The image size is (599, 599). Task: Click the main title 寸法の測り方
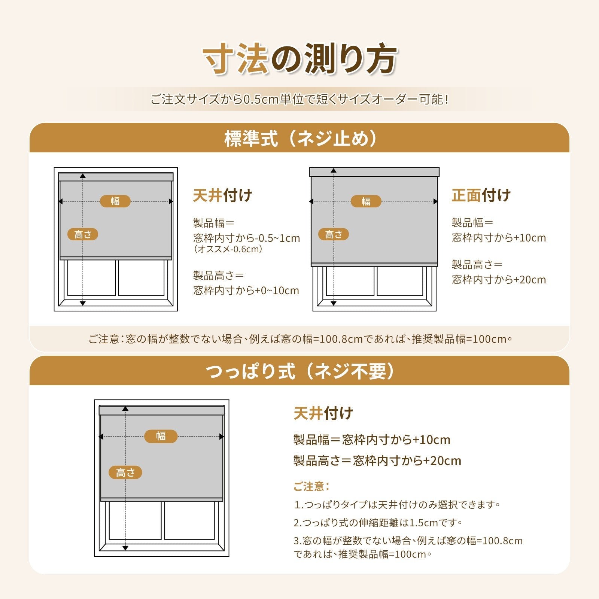pos(299,59)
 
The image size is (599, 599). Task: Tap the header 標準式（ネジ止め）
pos(299,139)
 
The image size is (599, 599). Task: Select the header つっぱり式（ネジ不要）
pos(299,371)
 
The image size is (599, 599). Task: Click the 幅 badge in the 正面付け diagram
pos(366,201)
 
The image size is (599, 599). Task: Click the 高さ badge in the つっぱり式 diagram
pos(125,472)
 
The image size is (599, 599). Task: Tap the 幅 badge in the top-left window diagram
pos(115,201)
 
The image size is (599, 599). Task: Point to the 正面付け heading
pos(481,195)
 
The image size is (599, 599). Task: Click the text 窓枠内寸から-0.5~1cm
pos(246,238)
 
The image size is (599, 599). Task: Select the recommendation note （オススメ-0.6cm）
pos(228,249)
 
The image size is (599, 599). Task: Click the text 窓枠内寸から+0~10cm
pos(246,291)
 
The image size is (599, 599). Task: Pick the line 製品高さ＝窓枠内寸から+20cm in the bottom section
pos(377,460)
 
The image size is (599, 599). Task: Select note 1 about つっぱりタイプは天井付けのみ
pos(397,505)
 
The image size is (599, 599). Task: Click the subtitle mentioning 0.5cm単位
pos(299,100)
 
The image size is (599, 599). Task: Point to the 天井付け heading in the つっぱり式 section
pos(323,413)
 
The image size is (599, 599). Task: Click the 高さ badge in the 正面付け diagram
pos(334,234)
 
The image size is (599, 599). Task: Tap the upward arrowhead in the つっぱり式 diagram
pos(125,409)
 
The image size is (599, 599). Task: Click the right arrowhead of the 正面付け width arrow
pos(435,201)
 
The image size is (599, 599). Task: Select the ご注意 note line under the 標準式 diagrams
pos(299,339)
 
